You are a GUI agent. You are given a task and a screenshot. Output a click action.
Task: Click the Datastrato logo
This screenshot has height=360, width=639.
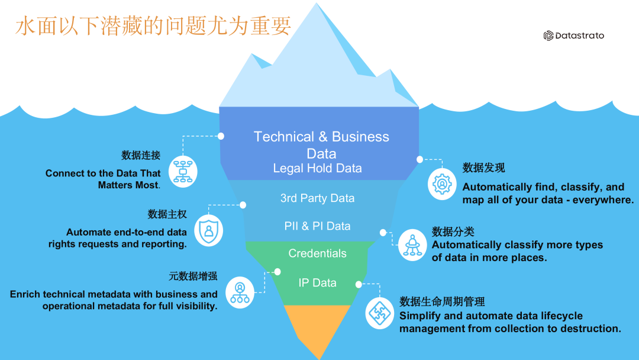pos(573,36)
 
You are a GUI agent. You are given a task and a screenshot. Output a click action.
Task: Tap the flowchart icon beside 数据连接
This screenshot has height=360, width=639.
pos(183,172)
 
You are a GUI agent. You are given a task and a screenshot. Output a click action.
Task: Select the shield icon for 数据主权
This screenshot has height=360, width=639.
pos(209,232)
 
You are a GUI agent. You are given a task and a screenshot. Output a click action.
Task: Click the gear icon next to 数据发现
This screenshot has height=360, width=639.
pos(442,184)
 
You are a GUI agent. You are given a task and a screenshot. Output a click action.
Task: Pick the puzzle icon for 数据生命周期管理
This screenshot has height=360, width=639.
pos(380,313)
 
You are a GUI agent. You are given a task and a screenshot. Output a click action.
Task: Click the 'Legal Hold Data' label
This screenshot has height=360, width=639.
pos(317,168)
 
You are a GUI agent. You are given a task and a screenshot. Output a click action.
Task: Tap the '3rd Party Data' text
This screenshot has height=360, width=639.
pos(317,198)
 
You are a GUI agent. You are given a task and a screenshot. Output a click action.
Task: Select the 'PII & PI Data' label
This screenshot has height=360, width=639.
pos(317,226)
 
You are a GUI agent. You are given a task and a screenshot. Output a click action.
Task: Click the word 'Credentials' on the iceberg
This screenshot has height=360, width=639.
pos(317,253)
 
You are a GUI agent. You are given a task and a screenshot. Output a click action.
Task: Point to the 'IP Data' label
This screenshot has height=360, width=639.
pos(317,283)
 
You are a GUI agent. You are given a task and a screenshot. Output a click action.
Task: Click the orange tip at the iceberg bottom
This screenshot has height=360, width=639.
pos(318,329)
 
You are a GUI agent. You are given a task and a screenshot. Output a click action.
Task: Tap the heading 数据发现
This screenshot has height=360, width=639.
pos(483,168)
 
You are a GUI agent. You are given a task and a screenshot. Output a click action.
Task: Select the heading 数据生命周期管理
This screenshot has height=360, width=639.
pos(442,302)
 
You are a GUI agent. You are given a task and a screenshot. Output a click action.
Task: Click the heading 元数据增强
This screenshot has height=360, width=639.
pos(193,276)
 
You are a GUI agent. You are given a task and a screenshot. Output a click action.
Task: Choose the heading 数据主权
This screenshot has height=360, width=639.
pos(167,214)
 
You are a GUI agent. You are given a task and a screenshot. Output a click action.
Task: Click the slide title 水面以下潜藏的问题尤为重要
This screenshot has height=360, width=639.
pos(153,27)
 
